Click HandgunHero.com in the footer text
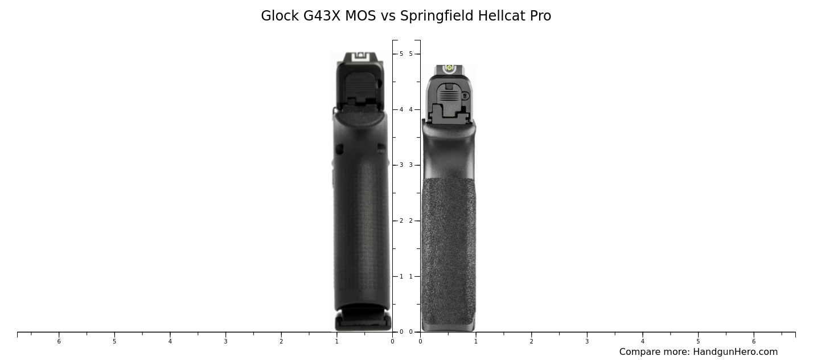pos(736,351)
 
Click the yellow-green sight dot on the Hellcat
pos(449,68)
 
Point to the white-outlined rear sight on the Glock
pos(360,56)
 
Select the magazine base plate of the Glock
pos(363,321)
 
